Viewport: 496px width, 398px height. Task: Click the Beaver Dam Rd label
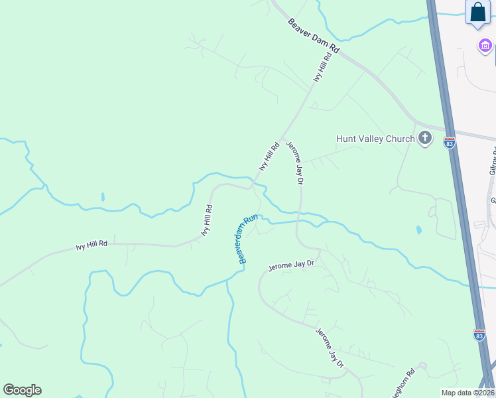coord(314,36)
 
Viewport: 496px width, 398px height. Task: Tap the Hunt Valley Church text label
coord(375,139)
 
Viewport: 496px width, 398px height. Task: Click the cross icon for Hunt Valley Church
coord(425,139)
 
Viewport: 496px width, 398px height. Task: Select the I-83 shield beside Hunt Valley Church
coord(450,143)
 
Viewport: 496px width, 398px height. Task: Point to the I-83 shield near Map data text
coord(479,335)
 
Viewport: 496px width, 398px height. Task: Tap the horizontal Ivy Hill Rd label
coord(92,245)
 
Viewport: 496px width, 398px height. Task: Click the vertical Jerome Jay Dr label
coord(294,163)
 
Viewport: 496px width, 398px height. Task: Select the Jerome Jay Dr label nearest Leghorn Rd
coord(330,348)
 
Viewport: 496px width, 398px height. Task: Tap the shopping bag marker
coord(477,13)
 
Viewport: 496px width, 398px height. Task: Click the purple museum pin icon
coord(485,45)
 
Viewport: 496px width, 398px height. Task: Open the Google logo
coord(22,390)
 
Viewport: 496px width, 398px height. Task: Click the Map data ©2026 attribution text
coord(467,393)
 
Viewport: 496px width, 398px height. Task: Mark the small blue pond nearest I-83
coord(418,230)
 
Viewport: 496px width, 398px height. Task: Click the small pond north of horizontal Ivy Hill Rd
coord(102,197)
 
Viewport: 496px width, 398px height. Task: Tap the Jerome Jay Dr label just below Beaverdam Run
coord(290,267)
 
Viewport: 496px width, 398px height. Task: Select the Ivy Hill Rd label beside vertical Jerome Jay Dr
coord(269,157)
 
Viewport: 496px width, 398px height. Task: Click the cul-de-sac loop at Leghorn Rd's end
coord(422,365)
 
